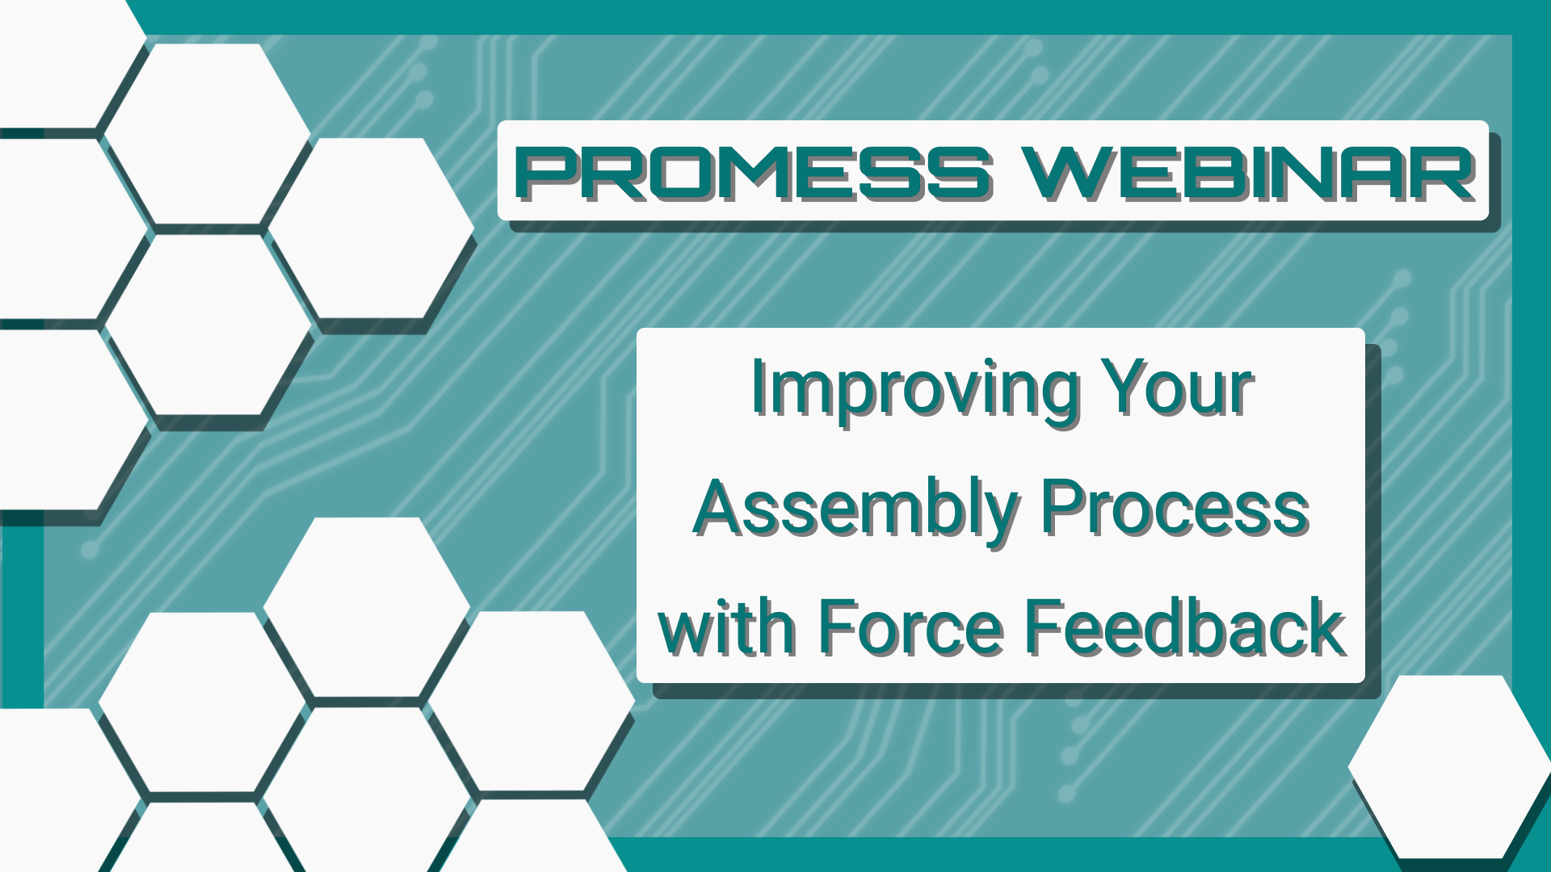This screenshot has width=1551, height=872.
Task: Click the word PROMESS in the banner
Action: (x=754, y=173)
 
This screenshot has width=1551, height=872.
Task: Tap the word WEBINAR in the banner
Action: (x=1247, y=173)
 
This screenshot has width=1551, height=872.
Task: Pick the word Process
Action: (x=1175, y=509)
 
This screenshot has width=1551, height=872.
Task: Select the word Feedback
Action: (x=1184, y=628)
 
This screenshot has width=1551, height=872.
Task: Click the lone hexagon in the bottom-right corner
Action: (x=1451, y=767)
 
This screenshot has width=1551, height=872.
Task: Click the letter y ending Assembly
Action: (x=1002, y=517)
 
